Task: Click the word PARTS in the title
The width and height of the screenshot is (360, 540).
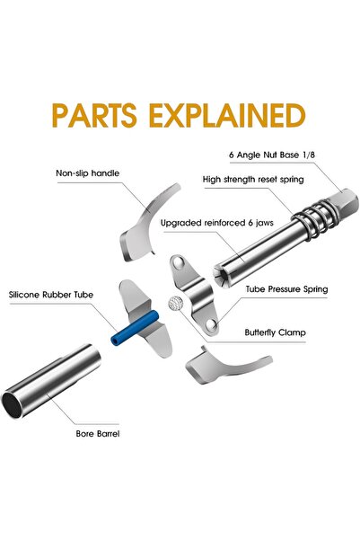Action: pyautogui.click(x=94, y=115)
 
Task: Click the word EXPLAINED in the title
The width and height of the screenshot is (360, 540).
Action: pyautogui.click(x=227, y=115)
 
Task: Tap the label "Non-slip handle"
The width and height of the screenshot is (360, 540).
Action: pyautogui.click(x=88, y=173)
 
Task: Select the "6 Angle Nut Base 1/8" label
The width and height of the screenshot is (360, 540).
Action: pyautogui.click(x=272, y=155)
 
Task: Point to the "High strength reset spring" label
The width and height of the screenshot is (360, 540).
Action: pyautogui.click(x=253, y=180)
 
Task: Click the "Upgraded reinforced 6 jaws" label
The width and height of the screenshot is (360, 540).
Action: pyautogui.click(x=217, y=223)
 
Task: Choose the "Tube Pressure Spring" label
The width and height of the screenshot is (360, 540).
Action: pyautogui.click(x=286, y=289)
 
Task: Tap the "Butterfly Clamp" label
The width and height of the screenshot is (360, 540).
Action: pyautogui.click(x=275, y=332)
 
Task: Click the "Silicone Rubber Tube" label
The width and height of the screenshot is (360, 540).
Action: pyautogui.click(x=51, y=295)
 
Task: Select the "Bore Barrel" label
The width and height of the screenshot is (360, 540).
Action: pyautogui.click(x=98, y=434)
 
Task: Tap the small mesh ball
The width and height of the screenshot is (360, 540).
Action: pyautogui.click(x=175, y=303)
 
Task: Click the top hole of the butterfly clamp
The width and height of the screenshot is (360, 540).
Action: pyautogui.click(x=179, y=262)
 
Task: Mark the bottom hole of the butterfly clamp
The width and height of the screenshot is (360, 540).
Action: pyautogui.click(x=211, y=324)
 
